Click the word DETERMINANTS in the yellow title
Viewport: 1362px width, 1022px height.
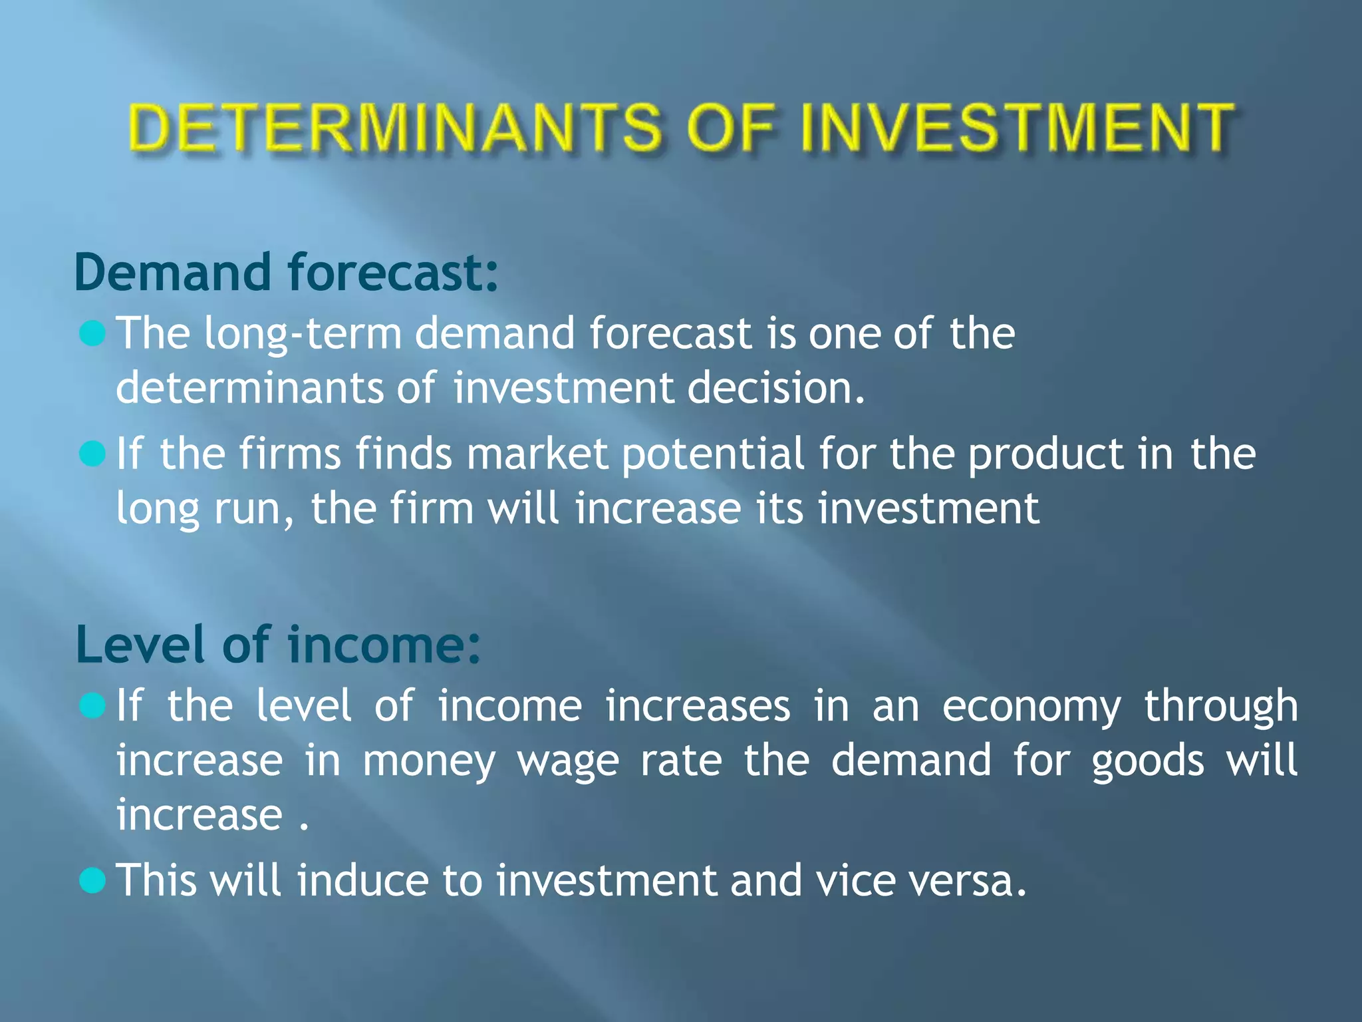point(395,128)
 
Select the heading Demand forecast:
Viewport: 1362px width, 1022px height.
point(286,273)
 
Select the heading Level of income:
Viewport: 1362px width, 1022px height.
point(278,645)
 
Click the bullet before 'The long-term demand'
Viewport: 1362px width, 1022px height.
point(92,333)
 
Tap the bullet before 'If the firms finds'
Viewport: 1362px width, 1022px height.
point(92,454)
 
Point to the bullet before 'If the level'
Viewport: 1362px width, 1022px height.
point(92,706)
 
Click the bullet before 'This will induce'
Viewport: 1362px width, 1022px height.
point(92,881)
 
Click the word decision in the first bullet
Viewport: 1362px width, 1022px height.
point(775,388)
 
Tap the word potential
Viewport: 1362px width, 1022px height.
point(713,455)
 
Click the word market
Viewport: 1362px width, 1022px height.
point(537,454)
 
